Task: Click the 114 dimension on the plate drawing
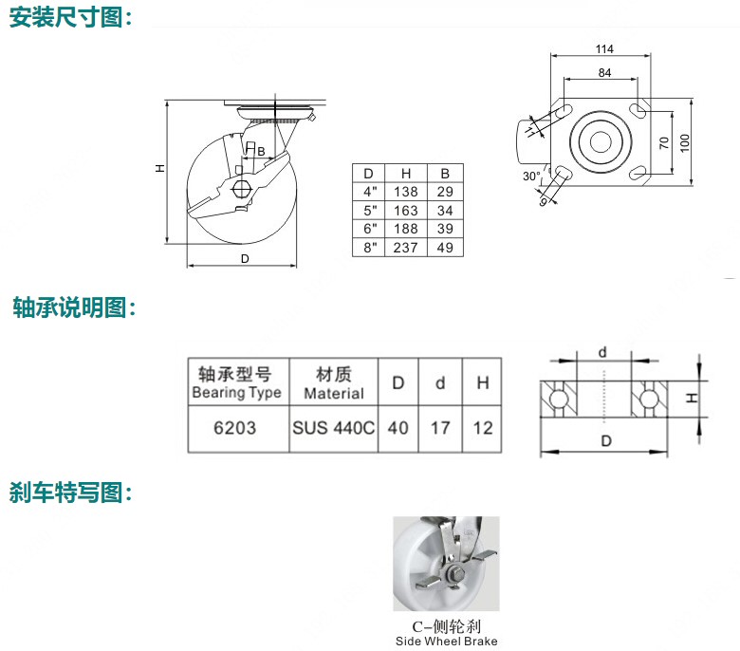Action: pos(604,49)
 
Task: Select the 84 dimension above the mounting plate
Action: pos(604,73)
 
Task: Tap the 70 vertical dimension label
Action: pos(664,142)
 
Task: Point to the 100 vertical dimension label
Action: pos(685,142)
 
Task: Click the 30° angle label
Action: pos(531,177)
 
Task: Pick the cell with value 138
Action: pos(406,192)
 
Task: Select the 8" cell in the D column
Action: pos(370,248)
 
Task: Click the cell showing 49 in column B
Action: pos(445,248)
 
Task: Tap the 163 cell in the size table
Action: pos(406,211)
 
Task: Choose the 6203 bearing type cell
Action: pos(234,428)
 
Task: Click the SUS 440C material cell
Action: pos(334,428)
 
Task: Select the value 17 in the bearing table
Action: pos(440,428)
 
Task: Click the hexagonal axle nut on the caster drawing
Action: pos(241,189)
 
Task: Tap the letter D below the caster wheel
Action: pos(245,259)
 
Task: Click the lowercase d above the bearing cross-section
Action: pos(602,353)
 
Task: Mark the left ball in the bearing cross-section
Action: pos(558,400)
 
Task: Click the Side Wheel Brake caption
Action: pos(447,642)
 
